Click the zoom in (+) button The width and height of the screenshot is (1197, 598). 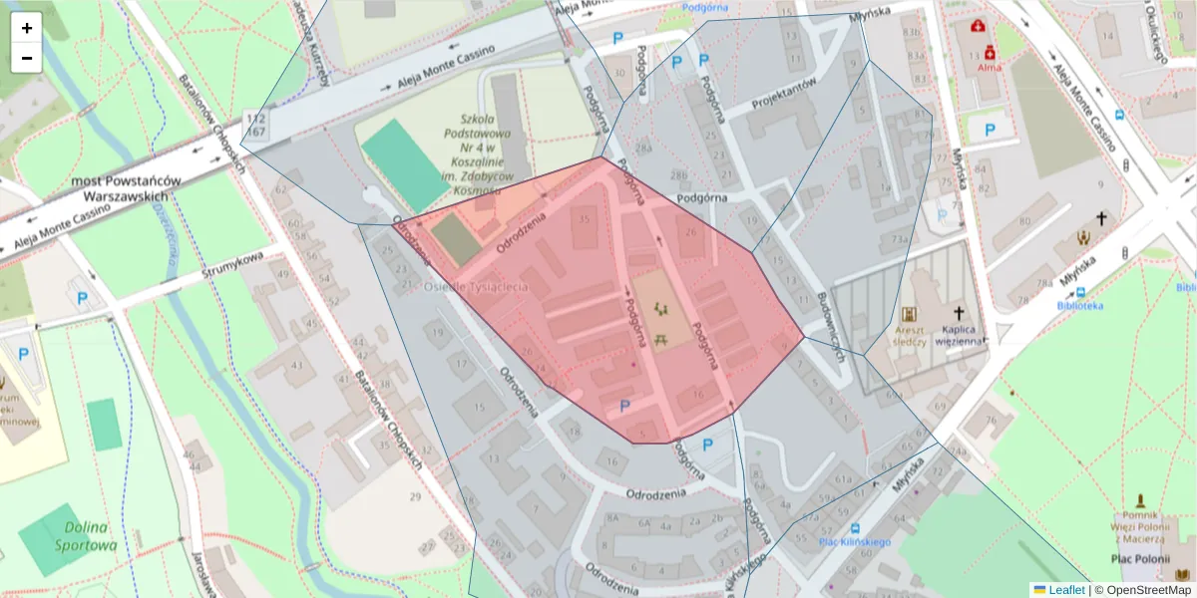[x=27, y=28]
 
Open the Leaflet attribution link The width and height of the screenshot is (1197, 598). [x=1065, y=590]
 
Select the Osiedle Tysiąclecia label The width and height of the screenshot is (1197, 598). [x=476, y=287]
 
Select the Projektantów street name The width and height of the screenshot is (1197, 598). [x=784, y=95]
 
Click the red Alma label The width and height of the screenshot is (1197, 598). [x=989, y=68]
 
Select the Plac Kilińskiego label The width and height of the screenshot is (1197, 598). [x=840, y=541]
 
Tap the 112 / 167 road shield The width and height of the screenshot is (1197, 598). [x=255, y=125]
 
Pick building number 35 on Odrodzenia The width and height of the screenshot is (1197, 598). [x=584, y=219]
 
